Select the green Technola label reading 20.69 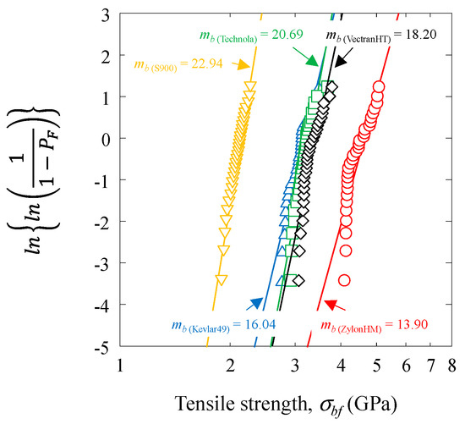coord(244,36)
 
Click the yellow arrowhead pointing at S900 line coord(243,64)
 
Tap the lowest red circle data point coord(344,280)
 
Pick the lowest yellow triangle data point coord(222,279)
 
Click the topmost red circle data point coord(378,87)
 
